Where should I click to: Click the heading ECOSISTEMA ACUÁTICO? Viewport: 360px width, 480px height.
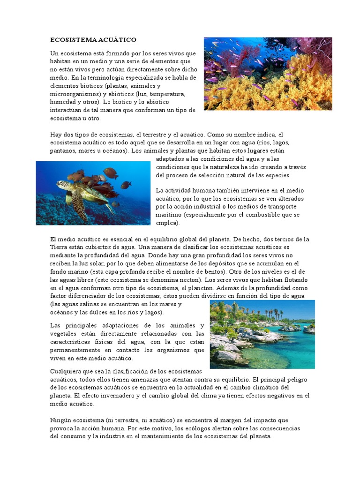coord(93,40)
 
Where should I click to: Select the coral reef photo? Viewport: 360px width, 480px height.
coord(268,74)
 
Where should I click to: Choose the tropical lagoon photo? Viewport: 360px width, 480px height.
coord(262,334)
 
